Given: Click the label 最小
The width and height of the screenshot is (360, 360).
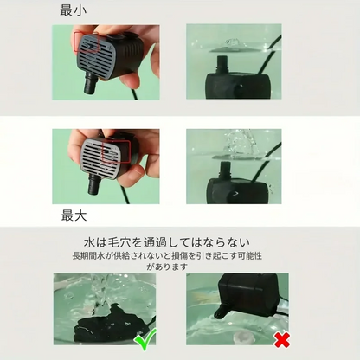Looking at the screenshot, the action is coord(74,10).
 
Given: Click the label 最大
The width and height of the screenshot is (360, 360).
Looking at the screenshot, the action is coord(74,215).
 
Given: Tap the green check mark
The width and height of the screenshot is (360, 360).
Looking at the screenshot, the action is coord(146,338).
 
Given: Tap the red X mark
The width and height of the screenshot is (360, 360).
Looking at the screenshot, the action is coord(282,340).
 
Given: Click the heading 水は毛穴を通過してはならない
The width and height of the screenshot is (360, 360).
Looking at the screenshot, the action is coord(167,242).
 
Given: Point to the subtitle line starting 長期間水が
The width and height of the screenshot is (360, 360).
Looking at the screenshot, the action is coord(167,256).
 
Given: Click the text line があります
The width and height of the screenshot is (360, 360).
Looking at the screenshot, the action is coord(167,267).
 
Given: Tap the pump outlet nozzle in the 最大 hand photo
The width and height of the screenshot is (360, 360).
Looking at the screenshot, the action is coord(94,183).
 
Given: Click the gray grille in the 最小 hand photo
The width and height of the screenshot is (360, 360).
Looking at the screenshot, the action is coord(93,55).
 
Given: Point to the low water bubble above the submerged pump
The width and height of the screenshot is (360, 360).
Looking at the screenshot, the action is coord(230,44).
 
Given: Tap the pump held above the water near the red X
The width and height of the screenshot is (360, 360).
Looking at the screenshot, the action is coord(246,296).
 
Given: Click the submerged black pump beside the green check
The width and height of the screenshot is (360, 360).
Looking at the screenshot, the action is coord(112,324).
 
